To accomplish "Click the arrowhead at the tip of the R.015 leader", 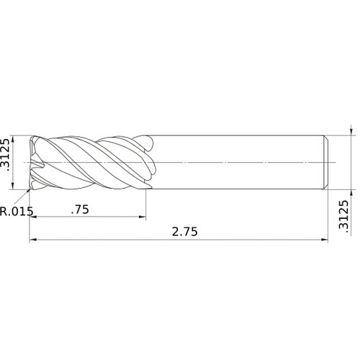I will click(30, 189).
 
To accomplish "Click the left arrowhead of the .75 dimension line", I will click(33, 217).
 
